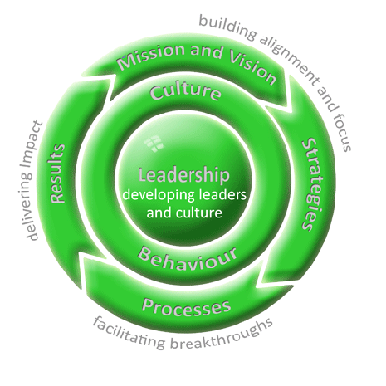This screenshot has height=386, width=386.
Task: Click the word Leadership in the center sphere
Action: click(x=184, y=176)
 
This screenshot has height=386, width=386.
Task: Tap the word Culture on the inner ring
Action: click(x=185, y=92)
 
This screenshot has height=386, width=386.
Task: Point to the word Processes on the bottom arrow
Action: click(x=186, y=307)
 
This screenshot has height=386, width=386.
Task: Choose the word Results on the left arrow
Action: click(x=57, y=173)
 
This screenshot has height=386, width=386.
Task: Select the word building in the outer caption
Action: click(x=227, y=27)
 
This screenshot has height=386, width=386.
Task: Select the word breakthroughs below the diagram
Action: click(x=222, y=335)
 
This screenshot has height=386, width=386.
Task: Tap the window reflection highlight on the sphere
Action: click(x=154, y=143)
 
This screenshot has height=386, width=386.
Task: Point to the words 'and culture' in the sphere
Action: click(x=184, y=213)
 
